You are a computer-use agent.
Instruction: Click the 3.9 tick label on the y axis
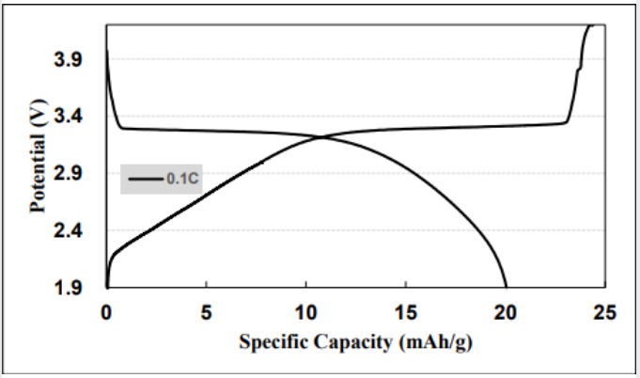pyautogui.click(x=74, y=60)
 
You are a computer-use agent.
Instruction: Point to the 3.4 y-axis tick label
pyautogui.click(x=74, y=117)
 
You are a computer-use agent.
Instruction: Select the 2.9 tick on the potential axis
pyautogui.click(x=74, y=174)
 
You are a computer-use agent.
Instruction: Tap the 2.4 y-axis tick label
pyautogui.click(x=74, y=231)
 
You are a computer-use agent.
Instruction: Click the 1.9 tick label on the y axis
pyautogui.click(x=74, y=288)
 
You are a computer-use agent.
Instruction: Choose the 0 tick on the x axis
pyautogui.click(x=107, y=312)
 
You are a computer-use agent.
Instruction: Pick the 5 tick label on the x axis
pyautogui.click(x=207, y=312)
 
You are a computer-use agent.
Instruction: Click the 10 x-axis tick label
pyautogui.click(x=306, y=312)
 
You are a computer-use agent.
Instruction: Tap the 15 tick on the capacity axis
pyautogui.click(x=406, y=312)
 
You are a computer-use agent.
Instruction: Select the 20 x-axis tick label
pyautogui.click(x=506, y=312)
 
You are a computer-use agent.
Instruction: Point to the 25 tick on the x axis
pyautogui.click(x=605, y=312)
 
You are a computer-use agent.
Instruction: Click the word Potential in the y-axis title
pyautogui.click(x=38, y=164)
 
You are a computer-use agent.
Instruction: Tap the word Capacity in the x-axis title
pyautogui.click(x=350, y=341)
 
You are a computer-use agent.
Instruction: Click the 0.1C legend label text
pyautogui.click(x=180, y=178)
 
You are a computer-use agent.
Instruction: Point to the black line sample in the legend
pyautogui.click(x=146, y=178)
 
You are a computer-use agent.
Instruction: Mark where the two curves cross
pyautogui.click(x=321, y=137)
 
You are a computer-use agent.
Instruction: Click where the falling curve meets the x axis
pyautogui.click(x=507, y=287)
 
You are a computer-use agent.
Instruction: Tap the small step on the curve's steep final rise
pyautogui.click(x=579, y=68)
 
